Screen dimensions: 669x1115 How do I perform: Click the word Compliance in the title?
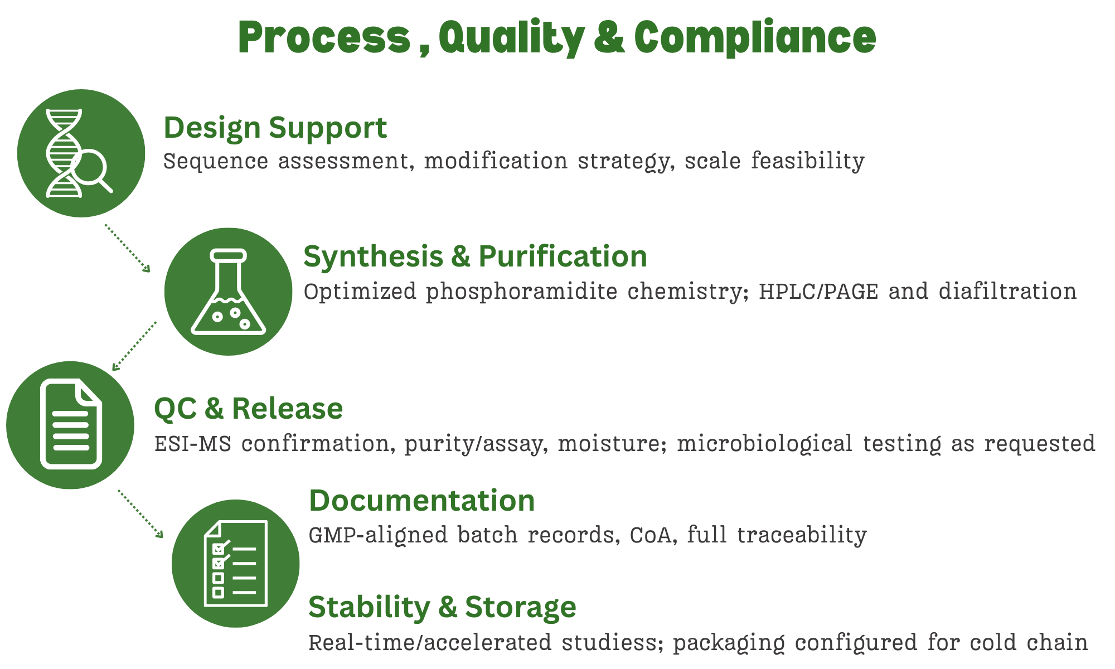(x=755, y=38)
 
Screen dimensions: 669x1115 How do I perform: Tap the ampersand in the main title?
(x=609, y=38)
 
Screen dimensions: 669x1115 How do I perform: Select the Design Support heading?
(x=275, y=128)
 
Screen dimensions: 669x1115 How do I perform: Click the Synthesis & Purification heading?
(x=475, y=256)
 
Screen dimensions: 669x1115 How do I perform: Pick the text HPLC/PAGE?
(x=818, y=292)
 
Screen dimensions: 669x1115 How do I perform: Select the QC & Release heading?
(x=248, y=408)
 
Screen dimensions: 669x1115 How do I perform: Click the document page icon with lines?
(x=71, y=424)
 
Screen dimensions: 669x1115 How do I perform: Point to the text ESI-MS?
(x=192, y=444)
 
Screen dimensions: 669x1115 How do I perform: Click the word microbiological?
(x=764, y=444)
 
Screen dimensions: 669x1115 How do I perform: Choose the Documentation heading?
(x=421, y=500)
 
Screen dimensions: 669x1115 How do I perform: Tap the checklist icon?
(x=235, y=563)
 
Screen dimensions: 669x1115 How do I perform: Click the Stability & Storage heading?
(x=442, y=607)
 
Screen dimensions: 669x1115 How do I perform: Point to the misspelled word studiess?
(x=612, y=642)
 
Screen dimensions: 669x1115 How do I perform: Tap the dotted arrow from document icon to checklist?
(x=140, y=513)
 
